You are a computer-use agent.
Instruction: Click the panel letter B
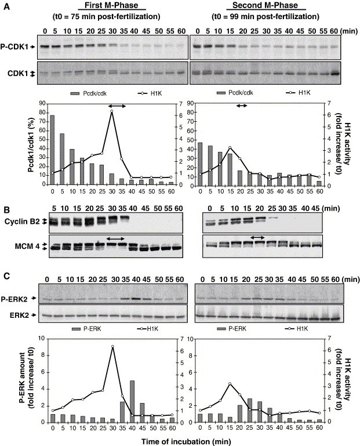coord(6,210)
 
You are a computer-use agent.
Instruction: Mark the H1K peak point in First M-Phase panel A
coord(111,111)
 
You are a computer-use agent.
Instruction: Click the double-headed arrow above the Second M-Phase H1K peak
coord(241,105)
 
